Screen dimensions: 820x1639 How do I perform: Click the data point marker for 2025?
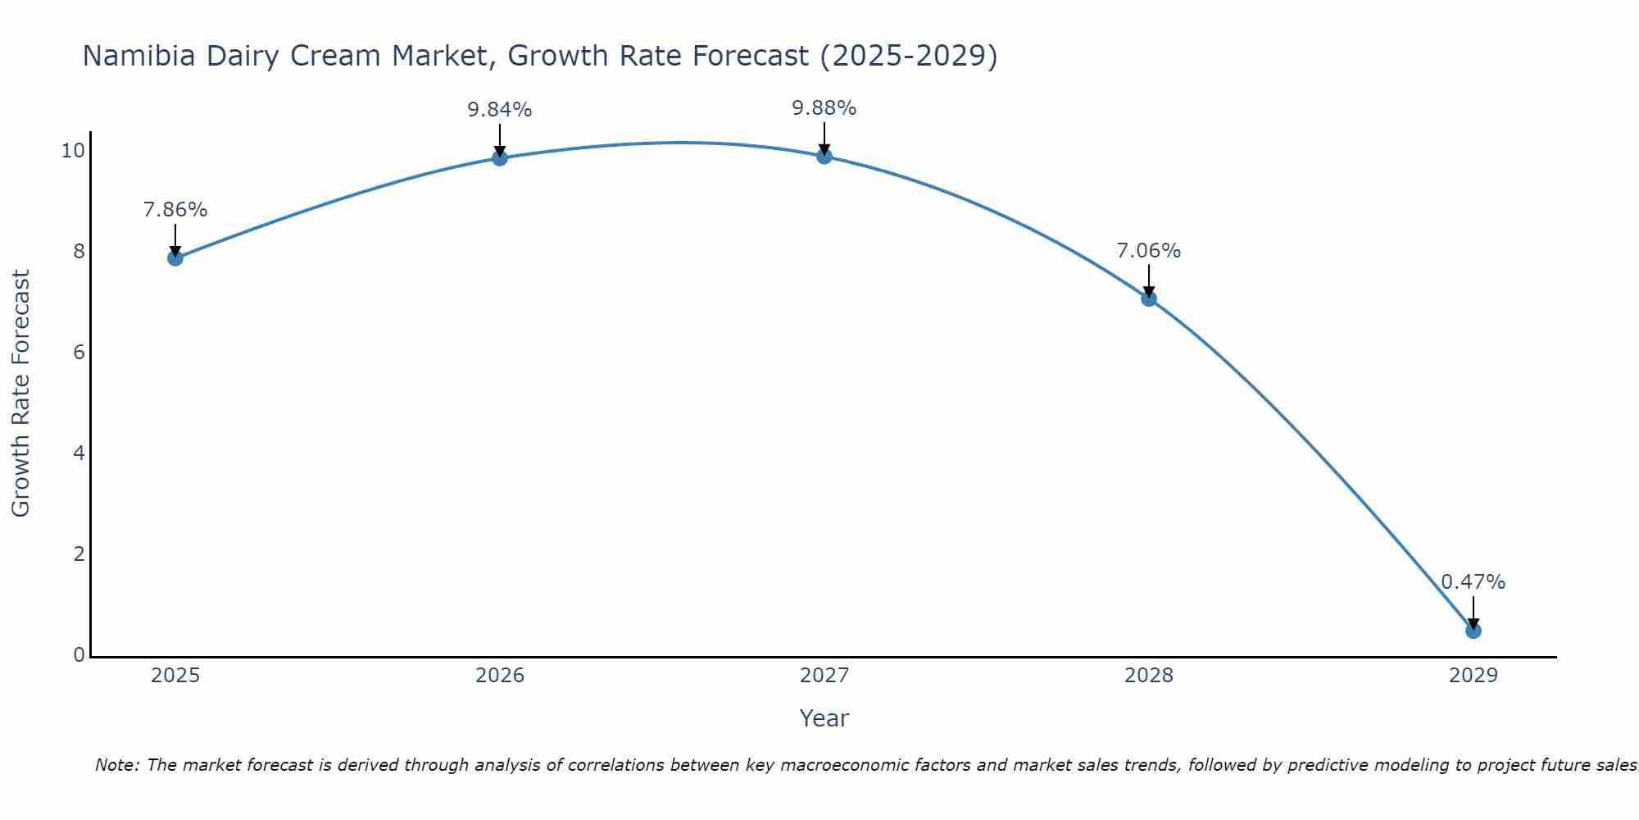click(175, 258)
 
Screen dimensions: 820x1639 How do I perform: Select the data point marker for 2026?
click(500, 157)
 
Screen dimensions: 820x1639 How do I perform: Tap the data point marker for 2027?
click(824, 156)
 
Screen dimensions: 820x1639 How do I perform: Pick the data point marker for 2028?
click(1149, 298)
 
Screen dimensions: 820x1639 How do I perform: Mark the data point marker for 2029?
click(1473, 631)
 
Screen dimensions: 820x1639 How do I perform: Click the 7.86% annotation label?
click(175, 210)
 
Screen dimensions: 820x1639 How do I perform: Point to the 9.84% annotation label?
click(500, 110)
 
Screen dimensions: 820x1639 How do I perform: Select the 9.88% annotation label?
click(824, 108)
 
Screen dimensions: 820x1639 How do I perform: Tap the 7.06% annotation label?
click(1149, 251)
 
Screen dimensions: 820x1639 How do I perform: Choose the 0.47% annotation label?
click(1473, 582)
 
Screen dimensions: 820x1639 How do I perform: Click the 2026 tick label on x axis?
click(500, 676)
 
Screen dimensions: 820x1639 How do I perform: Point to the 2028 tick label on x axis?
click(1149, 676)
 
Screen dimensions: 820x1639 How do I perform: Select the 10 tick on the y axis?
click(73, 150)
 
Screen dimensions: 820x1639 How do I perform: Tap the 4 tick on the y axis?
click(79, 453)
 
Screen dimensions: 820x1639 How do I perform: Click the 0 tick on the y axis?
click(79, 654)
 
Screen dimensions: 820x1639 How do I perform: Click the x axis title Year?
click(824, 718)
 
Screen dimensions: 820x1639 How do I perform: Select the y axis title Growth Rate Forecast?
click(21, 394)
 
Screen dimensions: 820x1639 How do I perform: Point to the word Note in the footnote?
click(117, 765)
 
